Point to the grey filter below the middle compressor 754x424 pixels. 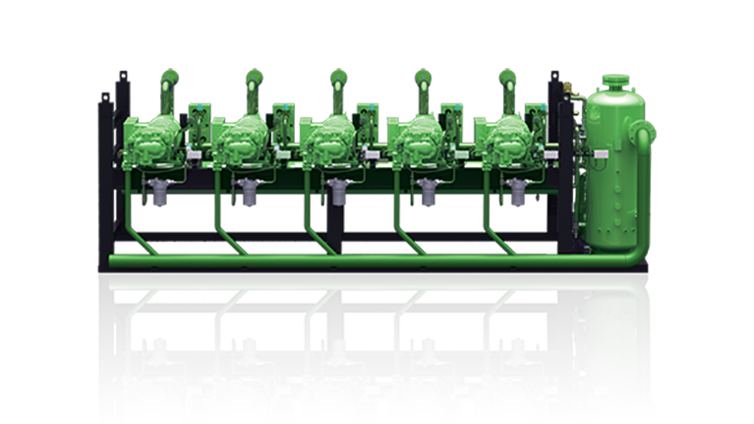pyautogui.click(x=337, y=193)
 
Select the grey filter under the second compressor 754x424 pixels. pyautogui.click(x=247, y=193)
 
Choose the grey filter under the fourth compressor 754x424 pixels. pyautogui.click(x=425, y=193)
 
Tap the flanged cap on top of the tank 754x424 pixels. pyautogui.click(x=614, y=78)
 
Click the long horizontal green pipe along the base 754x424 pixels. pyautogui.click(x=344, y=261)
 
